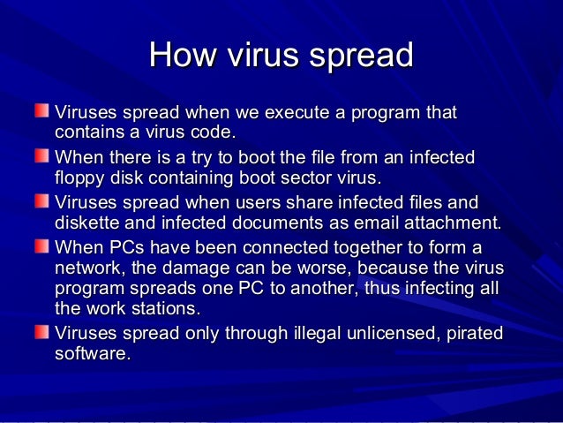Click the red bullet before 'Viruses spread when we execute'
point(42,113)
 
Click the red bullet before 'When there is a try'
point(42,157)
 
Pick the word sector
point(301,179)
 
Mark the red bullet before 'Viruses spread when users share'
point(42,200)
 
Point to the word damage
point(205,268)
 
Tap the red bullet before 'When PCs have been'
point(42,244)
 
